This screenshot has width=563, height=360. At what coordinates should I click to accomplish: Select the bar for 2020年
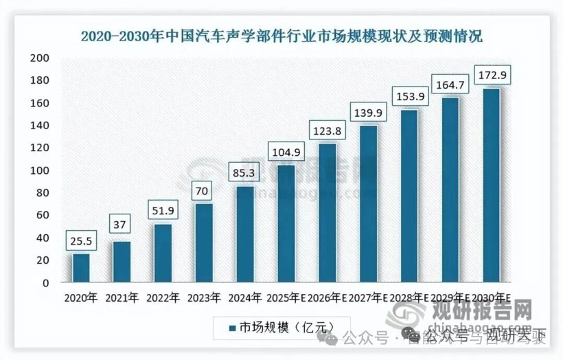pyautogui.click(x=81, y=268)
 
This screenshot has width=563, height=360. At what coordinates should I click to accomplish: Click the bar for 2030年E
pyautogui.click(x=492, y=185)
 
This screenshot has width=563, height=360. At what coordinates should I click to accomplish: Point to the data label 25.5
pyautogui.click(x=81, y=241)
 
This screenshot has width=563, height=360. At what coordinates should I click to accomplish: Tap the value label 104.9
pyautogui.click(x=286, y=152)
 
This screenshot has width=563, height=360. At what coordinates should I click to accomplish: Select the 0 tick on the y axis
pyautogui.click(x=45, y=282)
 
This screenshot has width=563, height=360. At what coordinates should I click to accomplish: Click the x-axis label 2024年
pyautogui.click(x=244, y=297)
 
